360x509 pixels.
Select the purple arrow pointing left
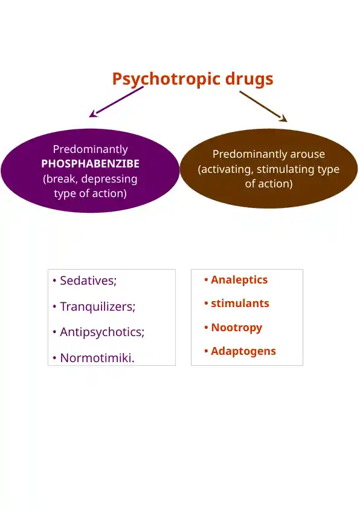(116, 102)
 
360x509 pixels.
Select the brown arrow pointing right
(263, 106)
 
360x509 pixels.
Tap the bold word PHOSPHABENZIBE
(90, 164)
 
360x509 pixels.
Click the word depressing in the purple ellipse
(109, 179)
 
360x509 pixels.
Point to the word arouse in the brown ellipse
(307, 154)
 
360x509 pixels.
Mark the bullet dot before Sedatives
(54, 280)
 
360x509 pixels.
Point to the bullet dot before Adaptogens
(206, 351)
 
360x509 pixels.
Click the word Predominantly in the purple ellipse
(90, 149)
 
